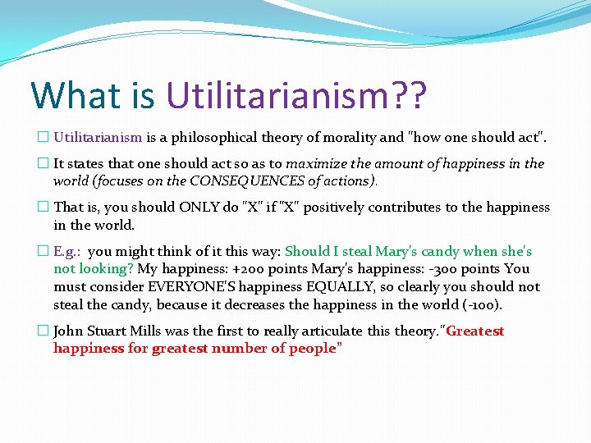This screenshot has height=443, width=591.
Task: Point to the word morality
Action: pos(351,138)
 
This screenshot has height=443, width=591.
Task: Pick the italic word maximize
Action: pos(315,163)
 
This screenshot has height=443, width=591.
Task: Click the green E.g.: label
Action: pos(67,252)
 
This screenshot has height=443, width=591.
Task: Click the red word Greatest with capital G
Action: pos(474,331)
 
